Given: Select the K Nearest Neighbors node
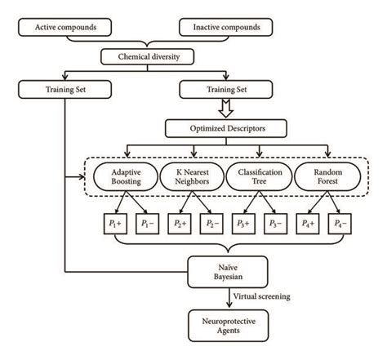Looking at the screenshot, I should coord(193,178).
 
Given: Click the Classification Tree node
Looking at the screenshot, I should coord(260,178).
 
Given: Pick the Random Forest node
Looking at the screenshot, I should coord(328,178).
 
